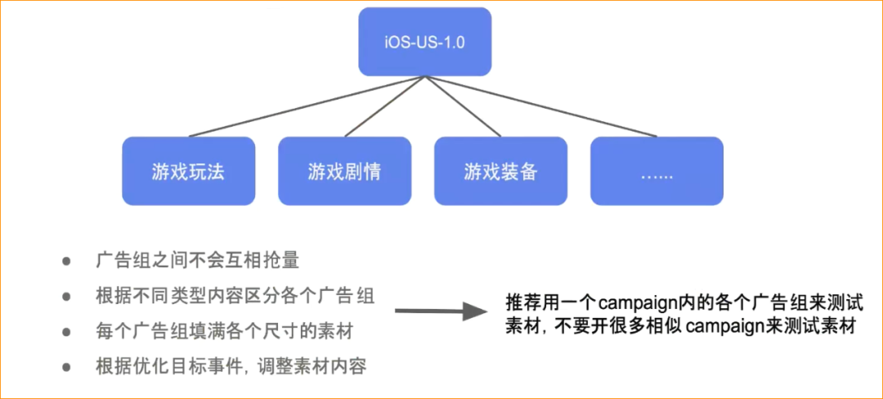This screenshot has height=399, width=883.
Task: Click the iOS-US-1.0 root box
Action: click(x=424, y=41)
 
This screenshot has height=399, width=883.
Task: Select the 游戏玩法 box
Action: click(x=188, y=171)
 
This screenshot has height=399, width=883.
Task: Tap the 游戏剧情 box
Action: click(x=344, y=171)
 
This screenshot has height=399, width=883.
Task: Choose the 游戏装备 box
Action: click(x=500, y=171)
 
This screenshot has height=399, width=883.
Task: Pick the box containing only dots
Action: click(x=657, y=171)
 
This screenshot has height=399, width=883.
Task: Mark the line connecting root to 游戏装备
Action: click(x=463, y=106)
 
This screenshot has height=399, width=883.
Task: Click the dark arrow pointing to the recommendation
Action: click(x=441, y=311)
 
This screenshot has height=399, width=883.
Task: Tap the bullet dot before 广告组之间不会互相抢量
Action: click(x=66, y=262)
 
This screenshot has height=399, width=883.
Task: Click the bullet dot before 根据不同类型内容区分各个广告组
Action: click(x=66, y=297)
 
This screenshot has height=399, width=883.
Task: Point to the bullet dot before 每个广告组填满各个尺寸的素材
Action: click(x=66, y=332)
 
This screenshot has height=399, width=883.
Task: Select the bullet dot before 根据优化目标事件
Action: click(x=66, y=367)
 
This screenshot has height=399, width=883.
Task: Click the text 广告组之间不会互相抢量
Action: click(x=197, y=262)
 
